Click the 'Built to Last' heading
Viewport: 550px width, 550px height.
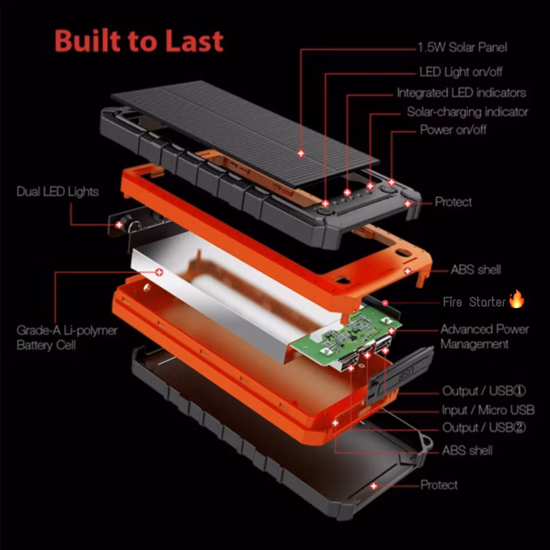click(x=139, y=41)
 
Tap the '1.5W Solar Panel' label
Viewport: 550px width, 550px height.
click(x=462, y=48)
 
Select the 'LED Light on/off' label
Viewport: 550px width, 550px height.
click(x=461, y=72)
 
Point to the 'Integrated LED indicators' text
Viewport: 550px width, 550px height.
click(x=461, y=93)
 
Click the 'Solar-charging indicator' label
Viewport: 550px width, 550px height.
click(x=467, y=112)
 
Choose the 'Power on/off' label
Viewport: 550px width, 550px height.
click(x=453, y=130)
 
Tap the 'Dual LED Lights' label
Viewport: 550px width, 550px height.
click(x=57, y=192)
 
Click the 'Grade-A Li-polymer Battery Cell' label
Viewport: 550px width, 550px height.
click(x=67, y=337)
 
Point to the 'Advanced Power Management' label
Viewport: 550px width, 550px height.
click(x=484, y=337)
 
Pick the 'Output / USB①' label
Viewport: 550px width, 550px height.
click(x=484, y=391)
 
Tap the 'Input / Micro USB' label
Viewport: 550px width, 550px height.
click(x=488, y=410)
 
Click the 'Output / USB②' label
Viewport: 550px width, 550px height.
click(x=484, y=428)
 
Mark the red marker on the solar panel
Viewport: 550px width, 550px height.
click(x=300, y=154)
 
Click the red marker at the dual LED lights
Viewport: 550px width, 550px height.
click(x=119, y=225)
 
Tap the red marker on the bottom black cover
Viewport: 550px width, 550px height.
click(x=374, y=486)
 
